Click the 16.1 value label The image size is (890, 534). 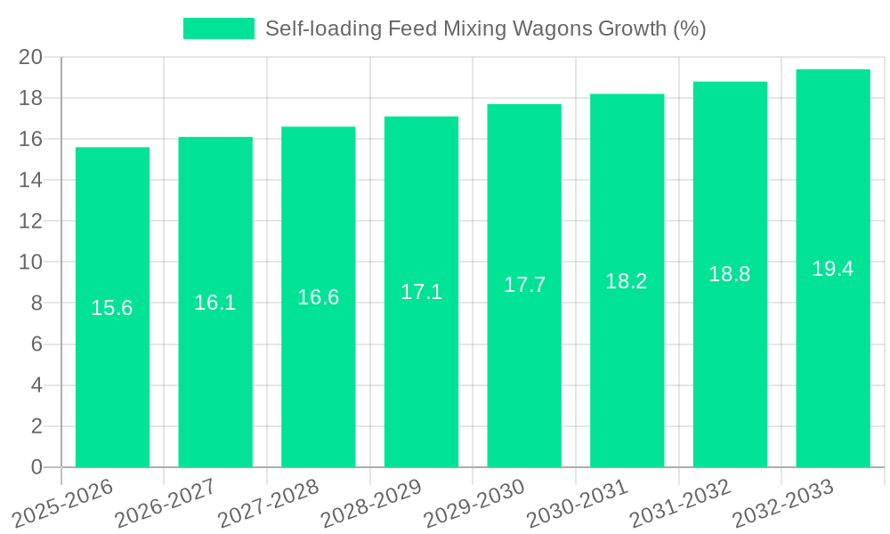click(215, 303)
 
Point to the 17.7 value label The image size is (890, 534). click(524, 285)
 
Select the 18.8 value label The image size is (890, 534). click(730, 274)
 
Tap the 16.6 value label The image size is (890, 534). click(319, 297)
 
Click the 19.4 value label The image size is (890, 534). click(833, 269)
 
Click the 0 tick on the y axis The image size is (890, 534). click(36, 467)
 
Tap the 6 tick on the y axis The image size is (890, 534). click(36, 344)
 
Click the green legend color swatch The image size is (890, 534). click(218, 28)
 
